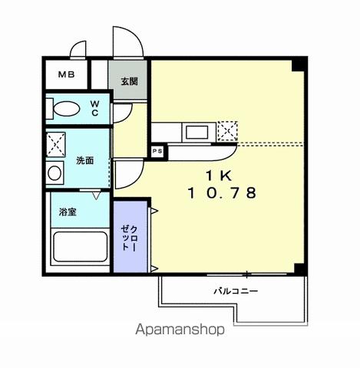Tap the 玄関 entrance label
tap(128, 80)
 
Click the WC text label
tap(96, 107)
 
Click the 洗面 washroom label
tap(84, 161)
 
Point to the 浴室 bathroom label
tap(68, 211)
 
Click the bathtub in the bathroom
tap(79, 247)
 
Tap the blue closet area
tap(128, 238)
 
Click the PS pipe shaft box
tap(157, 152)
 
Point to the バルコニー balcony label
tap(235, 291)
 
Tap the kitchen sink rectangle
tap(196, 131)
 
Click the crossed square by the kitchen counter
tap(227, 131)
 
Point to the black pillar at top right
tap(299, 64)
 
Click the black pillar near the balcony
tap(299, 268)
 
